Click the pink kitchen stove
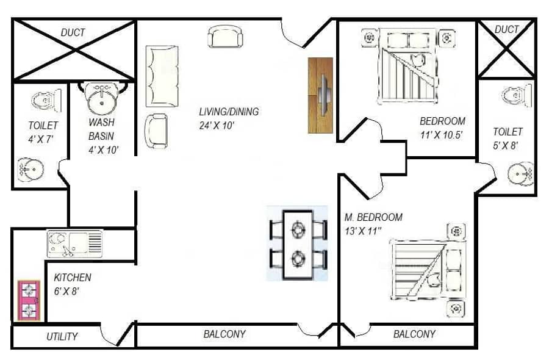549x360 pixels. [29, 300]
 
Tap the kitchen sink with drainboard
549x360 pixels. [74, 243]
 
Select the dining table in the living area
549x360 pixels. [298, 244]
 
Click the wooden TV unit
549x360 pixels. [320, 95]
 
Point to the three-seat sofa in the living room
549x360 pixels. [162, 76]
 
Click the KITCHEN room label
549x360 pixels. [73, 278]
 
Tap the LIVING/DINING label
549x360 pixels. [229, 112]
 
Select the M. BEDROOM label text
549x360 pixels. [373, 217]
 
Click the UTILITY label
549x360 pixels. [62, 337]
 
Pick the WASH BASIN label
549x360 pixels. [101, 129]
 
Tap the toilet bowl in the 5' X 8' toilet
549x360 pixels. [517, 95]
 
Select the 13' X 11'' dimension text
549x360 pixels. [363, 231]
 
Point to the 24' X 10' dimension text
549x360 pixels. [217, 125]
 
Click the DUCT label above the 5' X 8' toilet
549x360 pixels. [506, 29]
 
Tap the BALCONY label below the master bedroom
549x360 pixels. [414, 334]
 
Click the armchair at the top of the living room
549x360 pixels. [225, 36]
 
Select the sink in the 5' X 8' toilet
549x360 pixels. [520, 173]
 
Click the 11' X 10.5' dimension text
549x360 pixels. [442, 135]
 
